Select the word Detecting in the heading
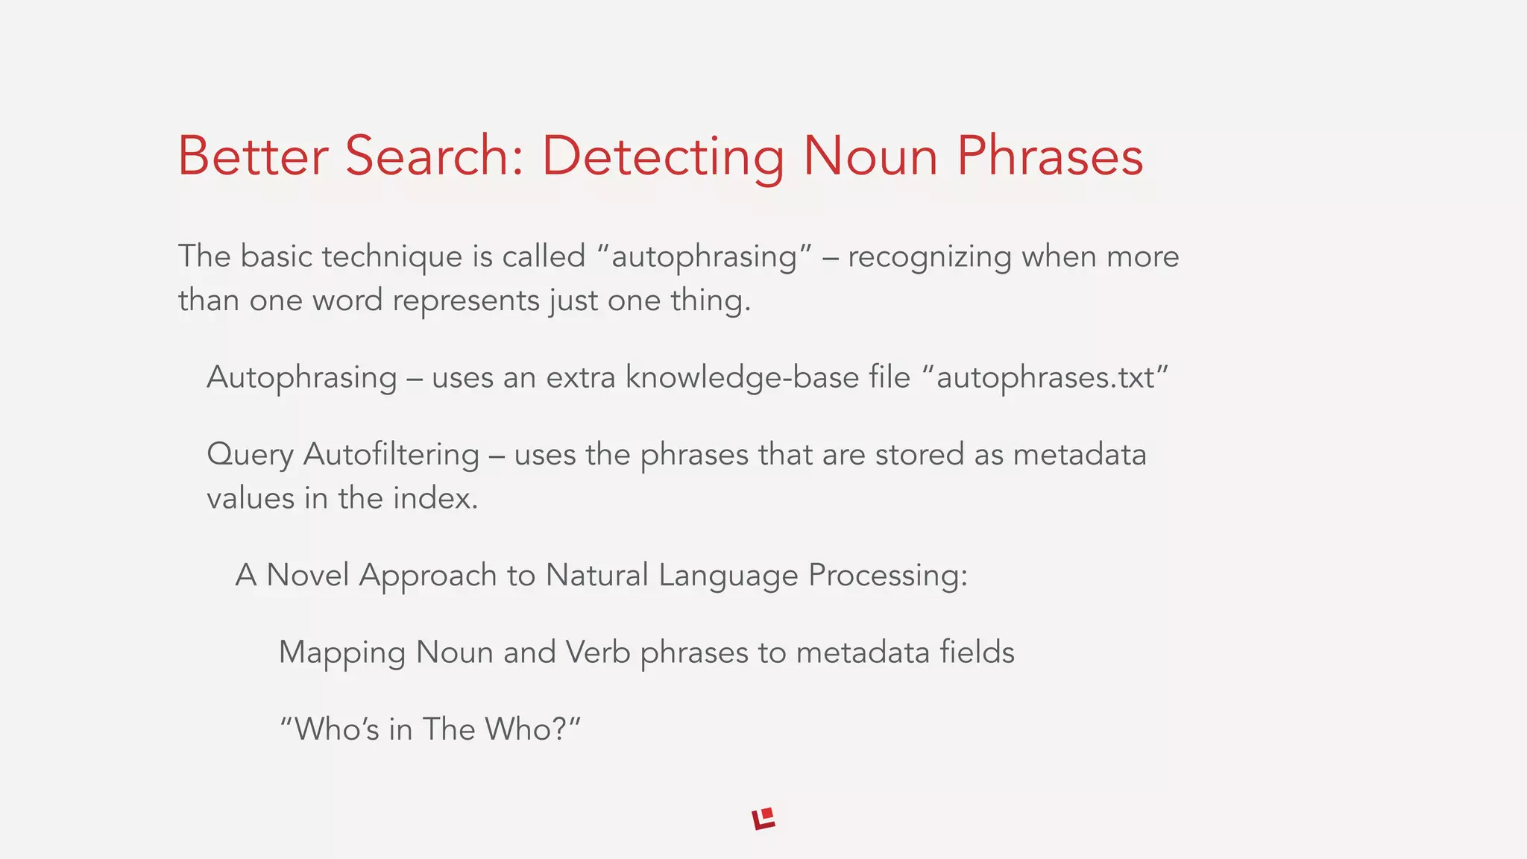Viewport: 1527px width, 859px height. coord(662,157)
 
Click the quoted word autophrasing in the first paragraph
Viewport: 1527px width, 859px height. coord(705,257)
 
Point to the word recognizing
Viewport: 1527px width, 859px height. coord(930,257)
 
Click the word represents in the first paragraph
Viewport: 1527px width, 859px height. coord(466,301)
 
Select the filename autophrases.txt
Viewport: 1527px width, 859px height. coord(1045,378)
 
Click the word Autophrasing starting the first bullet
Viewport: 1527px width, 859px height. coord(302,378)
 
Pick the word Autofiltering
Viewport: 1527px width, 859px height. coord(391,455)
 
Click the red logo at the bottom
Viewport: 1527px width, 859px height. coord(763,819)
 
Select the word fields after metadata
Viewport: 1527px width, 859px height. coord(977,652)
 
